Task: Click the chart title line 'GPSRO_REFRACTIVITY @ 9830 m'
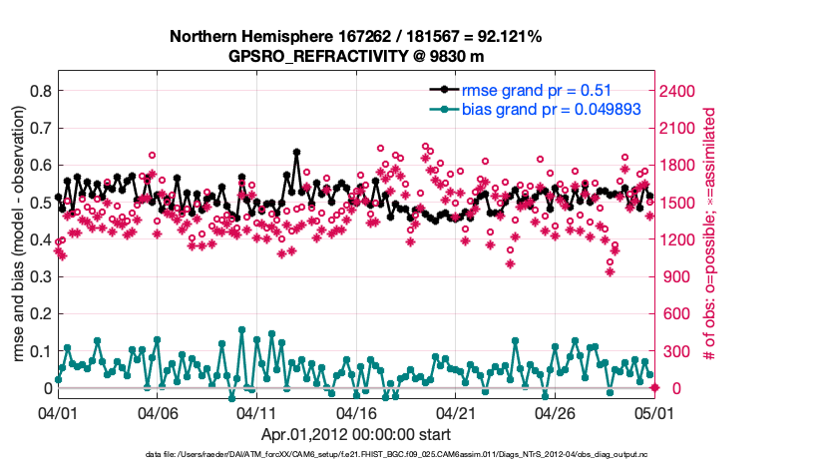point(355,56)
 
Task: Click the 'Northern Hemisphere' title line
point(355,37)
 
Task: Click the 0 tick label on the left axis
point(46,388)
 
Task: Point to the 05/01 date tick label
point(652,412)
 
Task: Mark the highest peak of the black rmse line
point(296,153)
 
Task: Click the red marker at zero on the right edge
point(653,388)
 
